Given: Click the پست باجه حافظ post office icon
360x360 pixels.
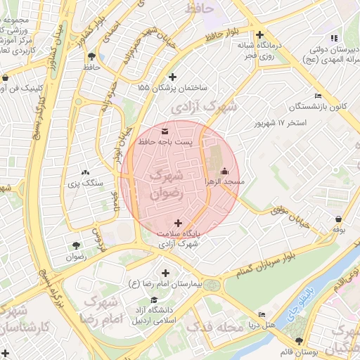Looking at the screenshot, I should point(165,131).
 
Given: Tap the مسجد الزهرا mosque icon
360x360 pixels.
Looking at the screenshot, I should point(224,171).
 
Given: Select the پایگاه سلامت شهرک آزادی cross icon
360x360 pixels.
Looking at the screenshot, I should point(177,222).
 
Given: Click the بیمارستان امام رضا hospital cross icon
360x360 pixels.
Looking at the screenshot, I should point(166,273).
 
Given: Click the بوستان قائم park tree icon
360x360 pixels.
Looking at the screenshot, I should point(299,321).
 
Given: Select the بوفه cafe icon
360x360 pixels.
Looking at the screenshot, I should point(340,219).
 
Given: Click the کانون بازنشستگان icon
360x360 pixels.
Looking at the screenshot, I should point(318,96).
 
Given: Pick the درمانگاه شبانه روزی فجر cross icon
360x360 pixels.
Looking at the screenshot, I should point(260,34).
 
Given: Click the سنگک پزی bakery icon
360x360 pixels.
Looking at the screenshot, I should point(86,172).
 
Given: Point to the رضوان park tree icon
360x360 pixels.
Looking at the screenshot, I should point(75,245).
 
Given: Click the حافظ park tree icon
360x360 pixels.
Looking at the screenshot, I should point(91,56).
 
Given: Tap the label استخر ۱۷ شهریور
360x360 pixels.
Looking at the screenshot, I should point(282,123).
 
